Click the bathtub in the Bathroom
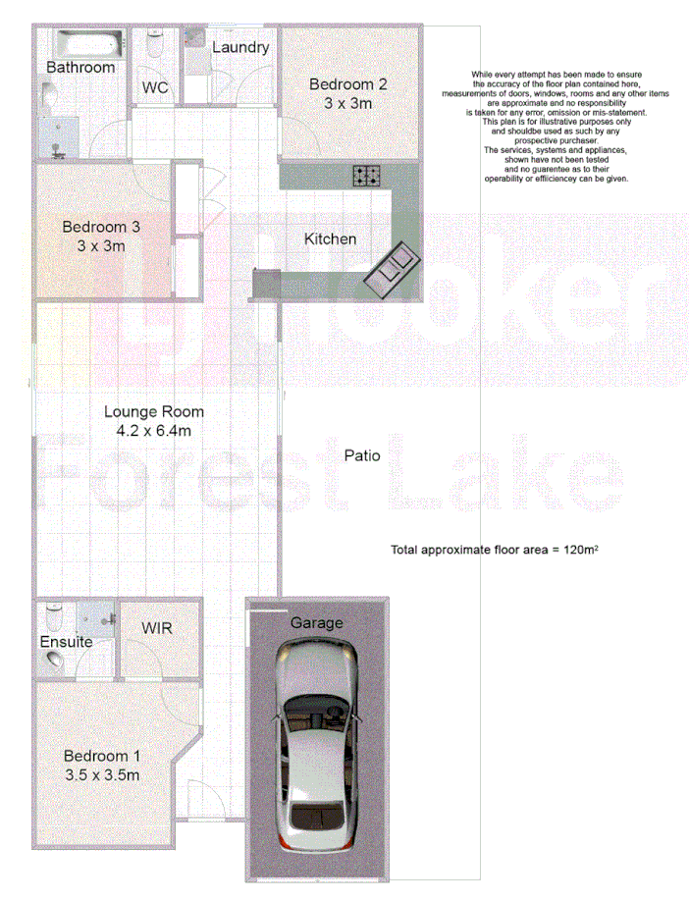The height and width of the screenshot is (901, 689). click(88, 44)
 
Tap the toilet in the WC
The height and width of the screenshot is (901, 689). click(154, 46)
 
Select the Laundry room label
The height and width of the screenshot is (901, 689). click(240, 47)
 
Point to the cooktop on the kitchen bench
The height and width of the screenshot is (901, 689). click(368, 177)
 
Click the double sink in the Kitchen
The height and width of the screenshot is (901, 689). click(394, 266)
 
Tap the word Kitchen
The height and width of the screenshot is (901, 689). click(330, 238)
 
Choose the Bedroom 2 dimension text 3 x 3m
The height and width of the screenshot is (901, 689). click(348, 103)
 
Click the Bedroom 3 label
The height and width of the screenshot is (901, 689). click(101, 227)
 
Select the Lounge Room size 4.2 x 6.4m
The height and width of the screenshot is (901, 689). click(154, 431)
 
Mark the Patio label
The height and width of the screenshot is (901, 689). click(361, 455)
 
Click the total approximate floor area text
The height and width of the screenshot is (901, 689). click(495, 550)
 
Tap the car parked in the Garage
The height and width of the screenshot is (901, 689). click(317, 746)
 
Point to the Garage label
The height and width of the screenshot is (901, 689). click(316, 622)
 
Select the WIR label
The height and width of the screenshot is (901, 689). click(157, 627)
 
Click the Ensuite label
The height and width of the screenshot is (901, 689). click(66, 642)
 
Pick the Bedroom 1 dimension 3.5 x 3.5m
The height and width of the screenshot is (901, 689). click(102, 775)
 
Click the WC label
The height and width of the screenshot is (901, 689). click(155, 87)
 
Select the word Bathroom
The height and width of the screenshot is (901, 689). click(80, 68)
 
